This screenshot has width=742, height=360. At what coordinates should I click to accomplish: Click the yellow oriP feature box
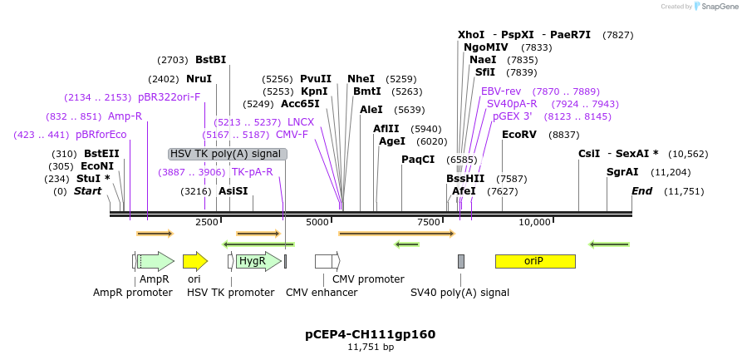pyautogui.click(x=535, y=261)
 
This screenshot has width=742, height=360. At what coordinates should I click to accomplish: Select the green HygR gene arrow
pyautogui.click(x=254, y=261)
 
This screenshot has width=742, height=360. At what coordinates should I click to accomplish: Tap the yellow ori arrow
pyautogui.click(x=194, y=261)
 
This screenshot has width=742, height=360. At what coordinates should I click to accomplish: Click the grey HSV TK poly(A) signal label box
pyautogui.click(x=227, y=154)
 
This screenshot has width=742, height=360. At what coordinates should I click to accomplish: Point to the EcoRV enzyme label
pyautogui.click(x=518, y=135)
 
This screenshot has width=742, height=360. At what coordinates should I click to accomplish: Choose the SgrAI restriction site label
pyautogui.click(x=622, y=172)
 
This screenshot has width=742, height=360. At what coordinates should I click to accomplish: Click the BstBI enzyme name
pyautogui.click(x=210, y=60)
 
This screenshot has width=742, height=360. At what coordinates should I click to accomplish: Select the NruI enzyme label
pyautogui.click(x=199, y=79)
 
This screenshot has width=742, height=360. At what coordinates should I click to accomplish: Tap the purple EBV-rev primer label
pyautogui.click(x=501, y=91)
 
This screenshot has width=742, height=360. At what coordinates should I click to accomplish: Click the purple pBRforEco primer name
pyautogui.click(x=101, y=135)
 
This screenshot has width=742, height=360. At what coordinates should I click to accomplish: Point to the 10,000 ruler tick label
pyautogui.click(x=535, y=222)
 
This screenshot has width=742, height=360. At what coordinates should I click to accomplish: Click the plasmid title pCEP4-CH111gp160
pyautogui.click(x=370, y=334)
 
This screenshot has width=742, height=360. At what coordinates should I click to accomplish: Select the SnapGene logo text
pyautogui.click(x=718, y=6)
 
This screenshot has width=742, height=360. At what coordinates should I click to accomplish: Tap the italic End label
pyautogui.click(x=641, y=191)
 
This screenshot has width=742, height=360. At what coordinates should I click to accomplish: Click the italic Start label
pyautogui.click(x=87, y=191)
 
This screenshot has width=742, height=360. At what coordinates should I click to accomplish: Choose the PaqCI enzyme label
pyautogui.click(x=418, y=159)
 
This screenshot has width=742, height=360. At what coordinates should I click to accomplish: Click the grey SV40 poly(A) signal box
pyautogui.click(x=461, y=261)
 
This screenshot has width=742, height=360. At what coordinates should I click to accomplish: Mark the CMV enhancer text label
pyautogui.click(x=322, y=293)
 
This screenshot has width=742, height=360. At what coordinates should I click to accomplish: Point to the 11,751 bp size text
pyautogui.click(x=371, y=347)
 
